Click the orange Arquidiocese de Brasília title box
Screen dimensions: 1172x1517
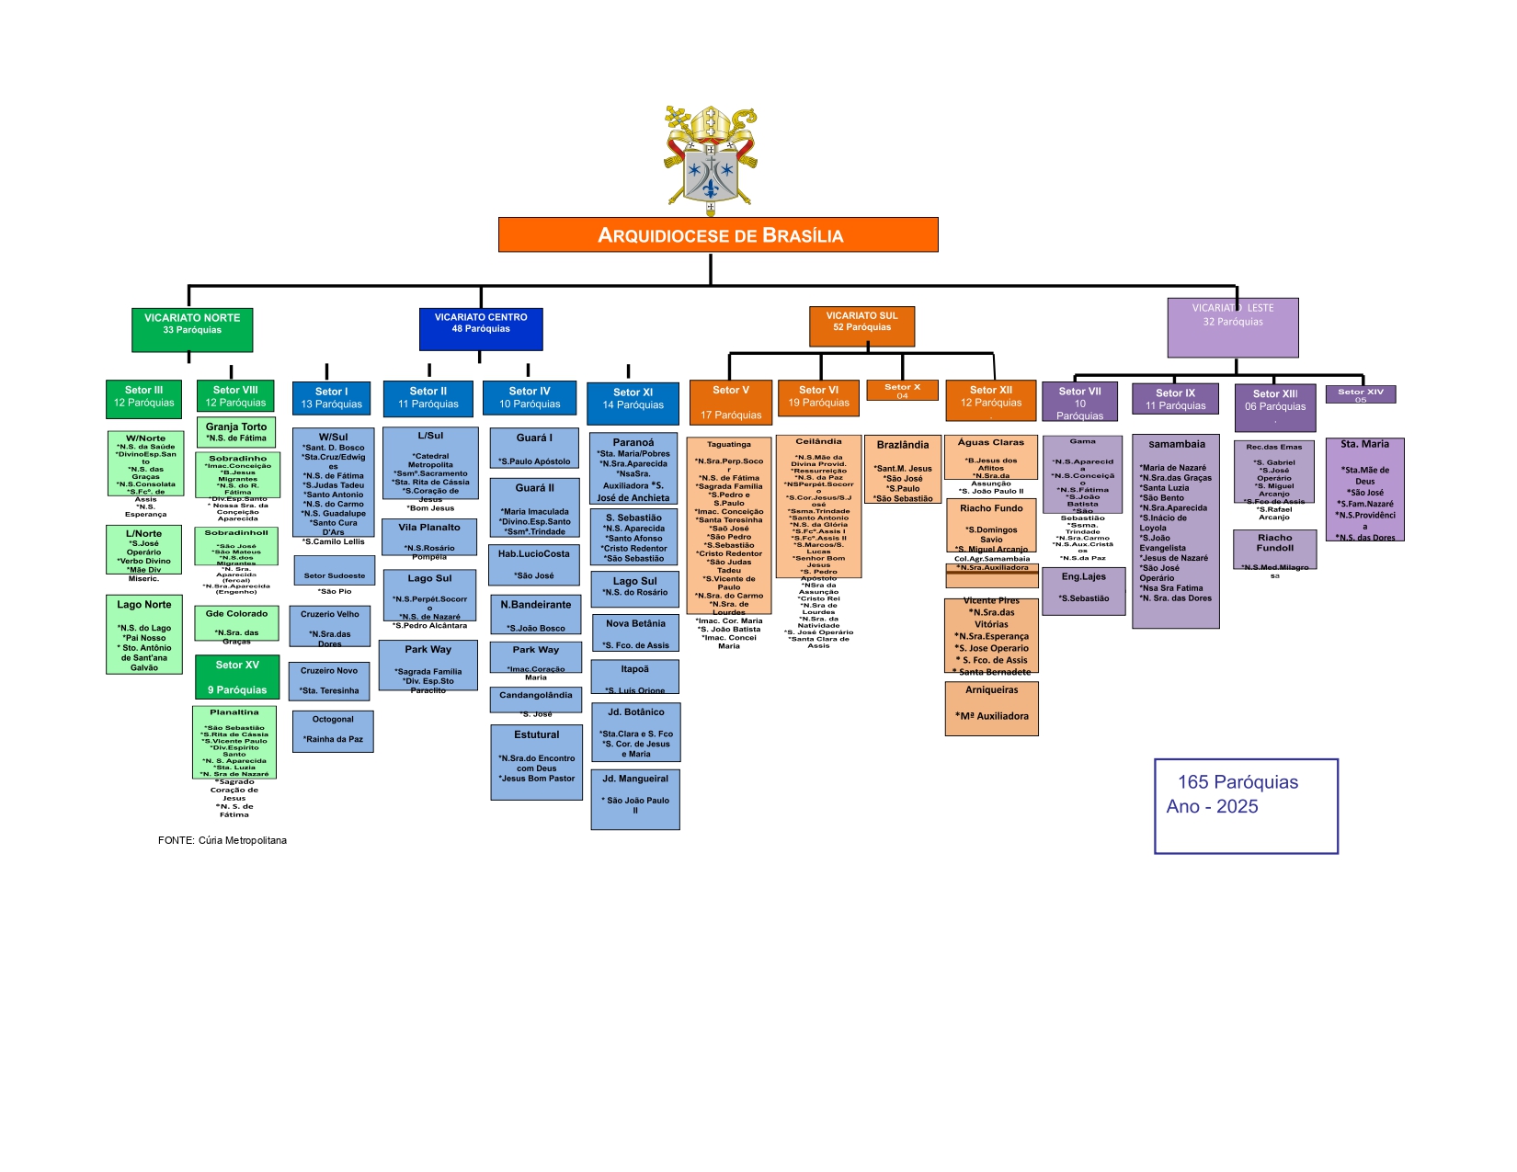[x=718, y=234]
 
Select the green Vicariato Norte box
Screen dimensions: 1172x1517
[x=192, y=330]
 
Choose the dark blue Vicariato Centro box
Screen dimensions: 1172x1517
[x=481, y=329]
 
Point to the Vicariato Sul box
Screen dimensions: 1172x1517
[x=861, y=326]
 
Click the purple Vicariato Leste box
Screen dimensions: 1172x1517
[x=1233, y=327]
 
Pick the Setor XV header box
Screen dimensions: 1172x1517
[x=237, y=677]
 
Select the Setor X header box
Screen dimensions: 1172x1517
[x=902, y=391]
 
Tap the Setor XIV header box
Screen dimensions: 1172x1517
[x=1361, y=394]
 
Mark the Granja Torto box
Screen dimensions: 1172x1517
[x=236, y=432]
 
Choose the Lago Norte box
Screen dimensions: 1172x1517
[x=144, y=635]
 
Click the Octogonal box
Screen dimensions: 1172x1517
[x=333, y=732]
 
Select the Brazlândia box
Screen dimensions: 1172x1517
[x=903, y=471]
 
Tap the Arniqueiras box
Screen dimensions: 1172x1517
[x=991, y=708]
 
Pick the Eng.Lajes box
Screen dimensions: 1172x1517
[x=1084, y=591]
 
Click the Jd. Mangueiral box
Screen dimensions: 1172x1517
[x=635, y=800]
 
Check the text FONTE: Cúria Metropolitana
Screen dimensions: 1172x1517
[x=222, y=840]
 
